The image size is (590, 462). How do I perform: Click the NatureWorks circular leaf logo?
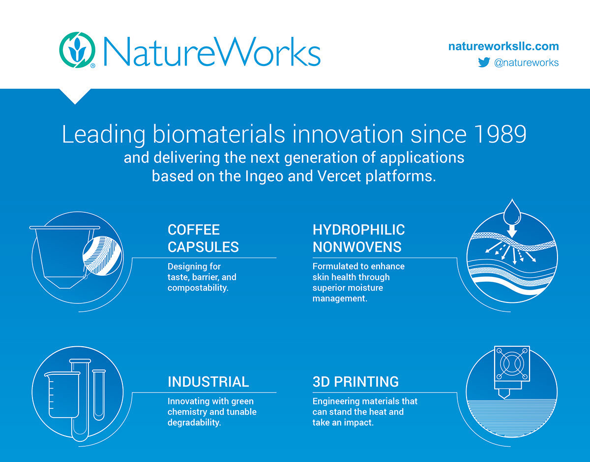(x=77, y=50)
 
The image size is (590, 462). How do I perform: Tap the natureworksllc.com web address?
(x=503, y=46)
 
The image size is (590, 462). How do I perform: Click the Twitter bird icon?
(x=484, y=62)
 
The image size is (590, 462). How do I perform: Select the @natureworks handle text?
(x=527, y=63)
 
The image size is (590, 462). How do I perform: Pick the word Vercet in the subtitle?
(x=339, y=176)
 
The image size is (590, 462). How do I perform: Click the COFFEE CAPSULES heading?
(x=203, y=238)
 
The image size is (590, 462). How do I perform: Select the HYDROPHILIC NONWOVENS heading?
(x=358, y=238)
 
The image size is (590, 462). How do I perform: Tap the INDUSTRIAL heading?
(x=208, y=382)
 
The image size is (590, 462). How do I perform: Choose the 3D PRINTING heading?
(x=355, y=382)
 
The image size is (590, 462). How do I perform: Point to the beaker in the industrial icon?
(x=63, y=395)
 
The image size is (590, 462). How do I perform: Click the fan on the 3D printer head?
(x=512, y=363)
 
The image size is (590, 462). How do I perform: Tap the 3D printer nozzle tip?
(x=504, y=398)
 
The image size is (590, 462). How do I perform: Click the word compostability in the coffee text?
(x=198, y=288)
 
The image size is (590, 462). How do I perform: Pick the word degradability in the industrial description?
(x=194, y=423)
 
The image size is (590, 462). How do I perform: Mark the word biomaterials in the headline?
(x=219, y=134)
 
